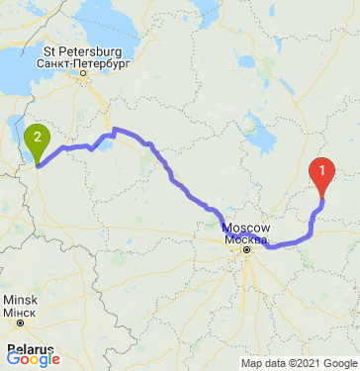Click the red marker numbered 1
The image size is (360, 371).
[322, 173]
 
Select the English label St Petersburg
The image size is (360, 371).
[81, 48]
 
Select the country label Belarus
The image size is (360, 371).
[30, 349]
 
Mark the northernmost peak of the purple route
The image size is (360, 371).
[115, 129]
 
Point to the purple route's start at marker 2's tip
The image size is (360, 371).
[38, 165]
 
